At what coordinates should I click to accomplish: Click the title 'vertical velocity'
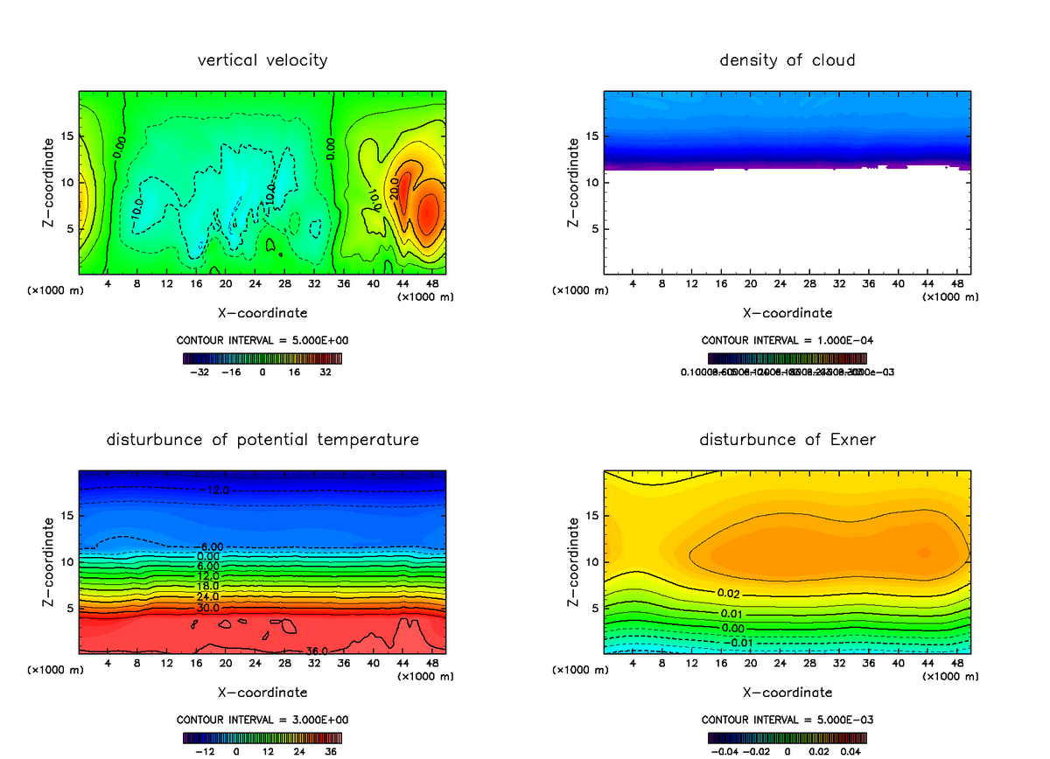tap(262, 60)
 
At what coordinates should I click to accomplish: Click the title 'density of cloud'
tap(787, 60)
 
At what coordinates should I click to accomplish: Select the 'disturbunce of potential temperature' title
tap(262, 439)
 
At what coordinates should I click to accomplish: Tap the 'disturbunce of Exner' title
tap(787, 439)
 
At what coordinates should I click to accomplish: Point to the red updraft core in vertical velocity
tap(428, 214)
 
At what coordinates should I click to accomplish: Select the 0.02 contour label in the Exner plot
tap(728, 593)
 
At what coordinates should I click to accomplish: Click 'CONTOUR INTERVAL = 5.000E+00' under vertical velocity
tap(262, 340)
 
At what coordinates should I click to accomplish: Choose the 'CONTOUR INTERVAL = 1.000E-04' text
tap(787, 340)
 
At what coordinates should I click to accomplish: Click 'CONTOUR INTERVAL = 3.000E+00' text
tap(262, 720)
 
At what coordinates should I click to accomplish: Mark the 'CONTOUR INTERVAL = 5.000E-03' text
tap(787, 720)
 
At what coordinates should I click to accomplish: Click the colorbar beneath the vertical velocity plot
tap(262, 358)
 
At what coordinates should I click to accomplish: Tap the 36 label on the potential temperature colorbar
tap(331, 750)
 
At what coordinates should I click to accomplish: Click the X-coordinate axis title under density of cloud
tap(787, 312)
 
